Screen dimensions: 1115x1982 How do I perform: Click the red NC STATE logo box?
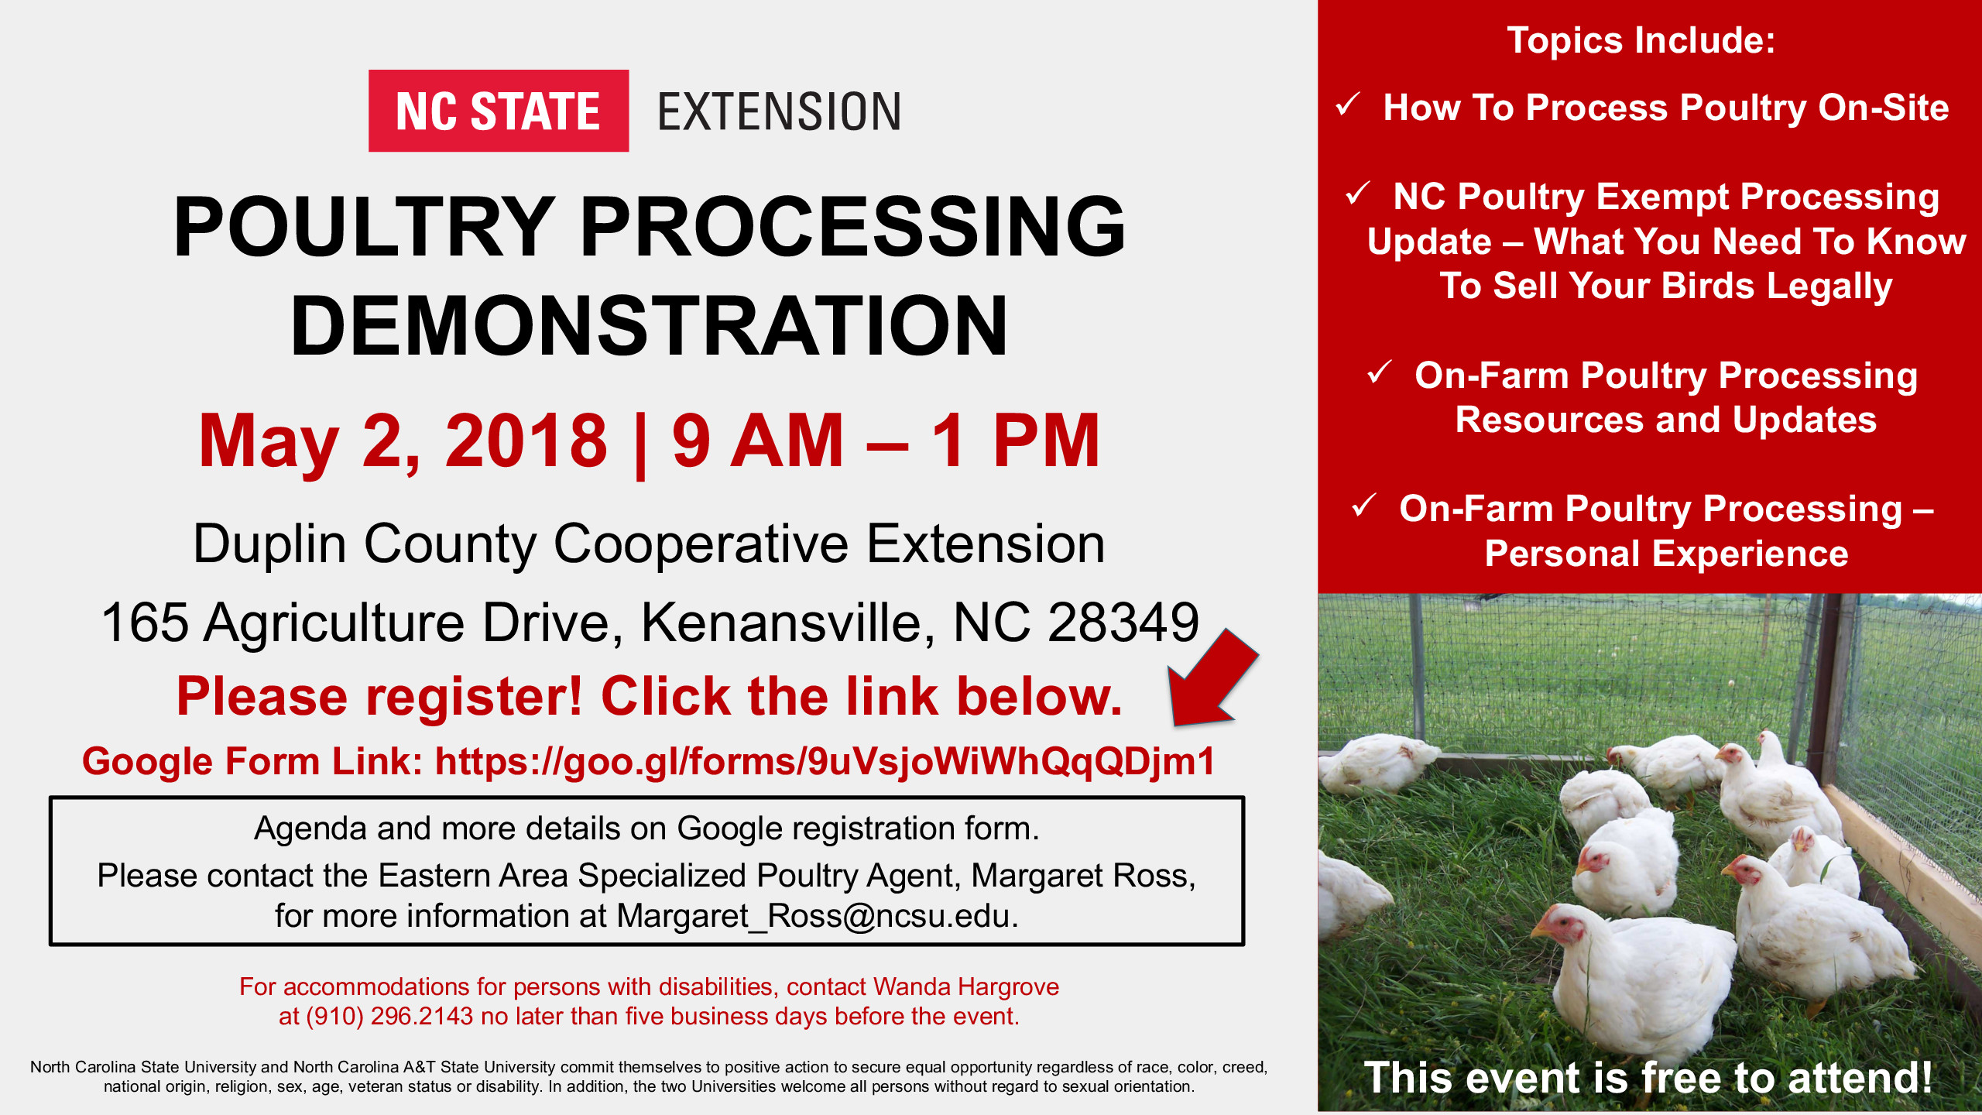click(498, 111)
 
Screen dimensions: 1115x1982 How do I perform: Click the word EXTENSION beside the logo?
click(779, 111)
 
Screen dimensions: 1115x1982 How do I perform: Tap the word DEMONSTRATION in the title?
click(649, 326)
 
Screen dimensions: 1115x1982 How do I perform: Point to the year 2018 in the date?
click(526, 441)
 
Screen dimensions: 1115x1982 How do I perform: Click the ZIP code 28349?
click(1123, 623)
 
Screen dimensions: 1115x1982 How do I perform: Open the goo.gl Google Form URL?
click(825, 761)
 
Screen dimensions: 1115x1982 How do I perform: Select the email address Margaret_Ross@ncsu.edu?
click(816, 916)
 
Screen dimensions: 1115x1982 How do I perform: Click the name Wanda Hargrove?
click(965, 986)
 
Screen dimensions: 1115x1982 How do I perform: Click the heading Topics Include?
click(1641, 40)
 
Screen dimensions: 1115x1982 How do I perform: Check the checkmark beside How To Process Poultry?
click(1348, 105)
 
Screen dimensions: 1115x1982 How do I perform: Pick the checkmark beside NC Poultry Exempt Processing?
click(1358, 194)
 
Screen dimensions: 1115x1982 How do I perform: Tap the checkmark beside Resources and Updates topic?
click(1380, 372)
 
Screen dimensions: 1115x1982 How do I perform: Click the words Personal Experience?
click(1666, 554)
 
